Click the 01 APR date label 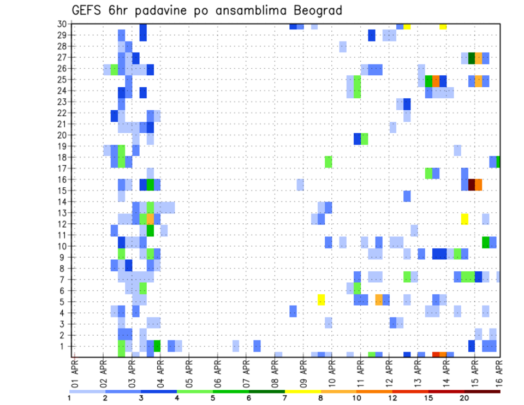tap(75, 374)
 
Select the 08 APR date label tap(275, 374)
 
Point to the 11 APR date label tap(360, 374)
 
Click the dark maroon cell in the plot tap(471, 184)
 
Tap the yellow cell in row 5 tap(321, 300)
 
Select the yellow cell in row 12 tap(465, 218)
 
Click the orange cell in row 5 tap(379, 300)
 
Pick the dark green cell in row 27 tap(472, 58)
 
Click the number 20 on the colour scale tap(465, 397)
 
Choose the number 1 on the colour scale tap(69, 397)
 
